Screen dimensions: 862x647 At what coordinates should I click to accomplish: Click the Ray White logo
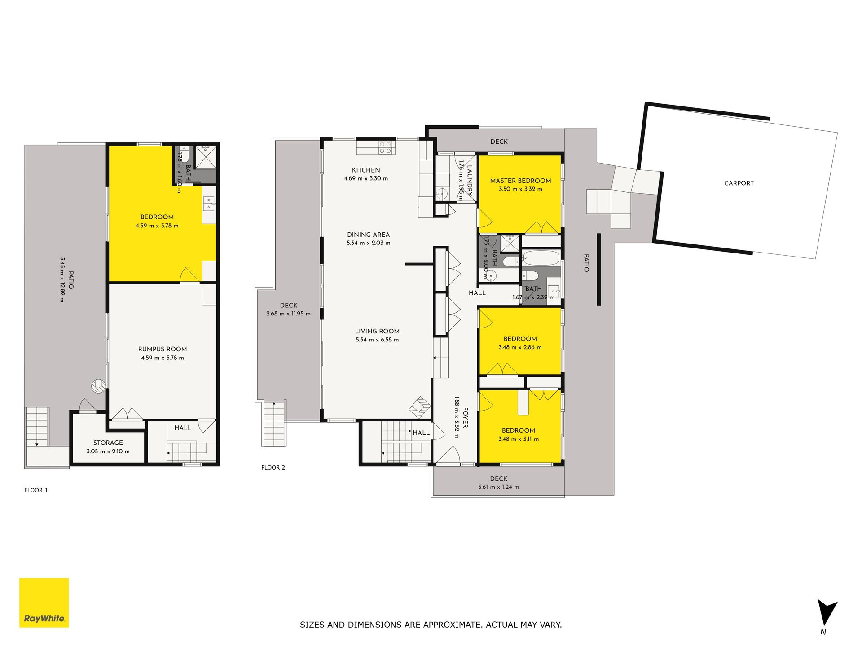click(44, 603)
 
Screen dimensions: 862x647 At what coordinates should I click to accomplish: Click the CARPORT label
click(739, 183)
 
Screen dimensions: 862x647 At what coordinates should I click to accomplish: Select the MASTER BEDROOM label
click(520, 181)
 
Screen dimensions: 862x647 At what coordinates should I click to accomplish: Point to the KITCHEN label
click(366, 170)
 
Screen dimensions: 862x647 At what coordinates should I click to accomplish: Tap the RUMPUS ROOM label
click(163, 349)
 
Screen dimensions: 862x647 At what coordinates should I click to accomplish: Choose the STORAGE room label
click(108, 443)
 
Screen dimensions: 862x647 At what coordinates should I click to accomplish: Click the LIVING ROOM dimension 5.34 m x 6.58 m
click(377, 340)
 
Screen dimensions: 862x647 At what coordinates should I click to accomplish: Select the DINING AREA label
click(368, 235)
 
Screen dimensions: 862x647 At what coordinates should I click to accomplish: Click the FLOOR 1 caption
click(36, 490)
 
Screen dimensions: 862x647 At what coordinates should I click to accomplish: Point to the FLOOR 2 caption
click(273, 467)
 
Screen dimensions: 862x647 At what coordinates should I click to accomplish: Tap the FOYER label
click(466, 417)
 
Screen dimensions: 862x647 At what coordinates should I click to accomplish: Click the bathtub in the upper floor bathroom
click(541, 258)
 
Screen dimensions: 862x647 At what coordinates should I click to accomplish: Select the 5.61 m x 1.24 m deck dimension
click(498, 487)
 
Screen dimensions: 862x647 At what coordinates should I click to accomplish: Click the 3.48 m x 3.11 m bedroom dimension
click(519, 439)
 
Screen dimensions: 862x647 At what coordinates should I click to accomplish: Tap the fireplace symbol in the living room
click(420, 407)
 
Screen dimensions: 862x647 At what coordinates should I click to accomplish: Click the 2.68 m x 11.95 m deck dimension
click(288, 314)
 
